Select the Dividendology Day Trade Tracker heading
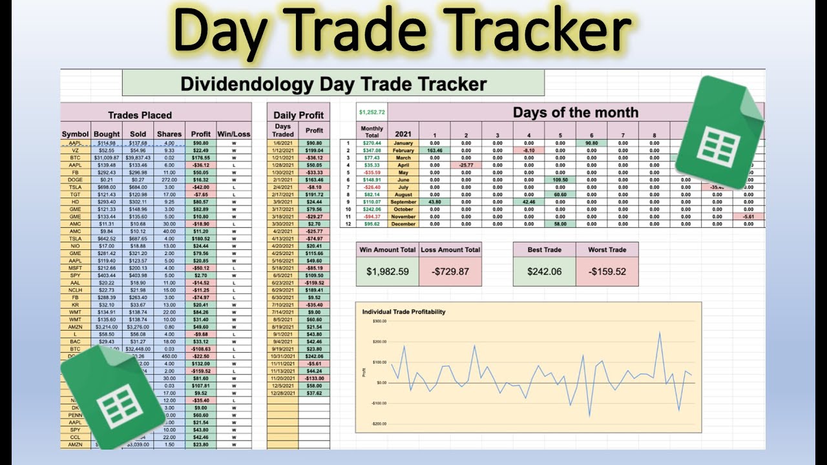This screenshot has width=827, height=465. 333,83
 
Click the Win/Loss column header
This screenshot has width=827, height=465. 233,134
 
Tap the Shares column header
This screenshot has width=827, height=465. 169,134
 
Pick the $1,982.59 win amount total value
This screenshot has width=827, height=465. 387,271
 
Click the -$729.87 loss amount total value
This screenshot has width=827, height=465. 449,271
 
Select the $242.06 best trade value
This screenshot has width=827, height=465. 544,271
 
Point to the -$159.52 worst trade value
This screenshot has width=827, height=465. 607,271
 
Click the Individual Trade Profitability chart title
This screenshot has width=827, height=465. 403,312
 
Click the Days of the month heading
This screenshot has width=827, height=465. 575,112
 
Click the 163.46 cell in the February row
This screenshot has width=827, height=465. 434,150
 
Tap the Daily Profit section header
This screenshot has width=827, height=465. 298,115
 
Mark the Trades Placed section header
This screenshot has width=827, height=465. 140,115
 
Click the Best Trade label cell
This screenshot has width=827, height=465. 544,249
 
